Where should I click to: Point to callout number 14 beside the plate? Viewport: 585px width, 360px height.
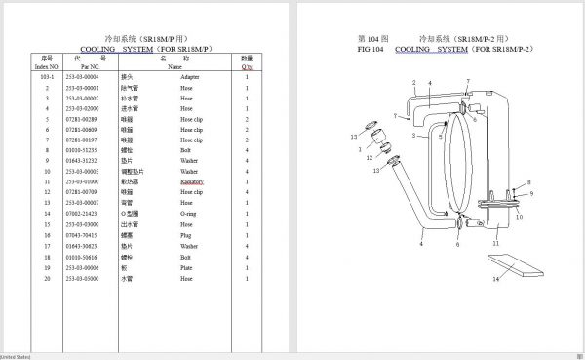(494, 279)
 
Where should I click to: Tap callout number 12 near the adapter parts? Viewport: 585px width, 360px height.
(369, 157)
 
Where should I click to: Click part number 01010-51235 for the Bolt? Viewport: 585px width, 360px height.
(82, 150)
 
